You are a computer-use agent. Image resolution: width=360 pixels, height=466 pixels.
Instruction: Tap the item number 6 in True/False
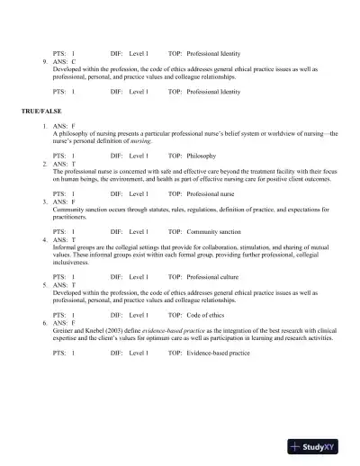click(x=44, y=321)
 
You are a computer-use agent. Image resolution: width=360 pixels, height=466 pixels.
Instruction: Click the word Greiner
click(x=65, y=329)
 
